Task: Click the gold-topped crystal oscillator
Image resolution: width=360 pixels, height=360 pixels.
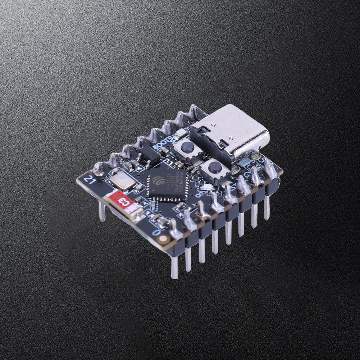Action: (122, 181)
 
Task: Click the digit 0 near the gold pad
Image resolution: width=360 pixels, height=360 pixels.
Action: (156, 232)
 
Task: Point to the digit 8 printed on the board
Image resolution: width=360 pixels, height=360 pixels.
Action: (199, 195)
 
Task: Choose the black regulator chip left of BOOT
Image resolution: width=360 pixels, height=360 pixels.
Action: (150, 155)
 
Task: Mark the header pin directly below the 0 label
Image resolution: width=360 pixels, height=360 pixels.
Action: (174, 266)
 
